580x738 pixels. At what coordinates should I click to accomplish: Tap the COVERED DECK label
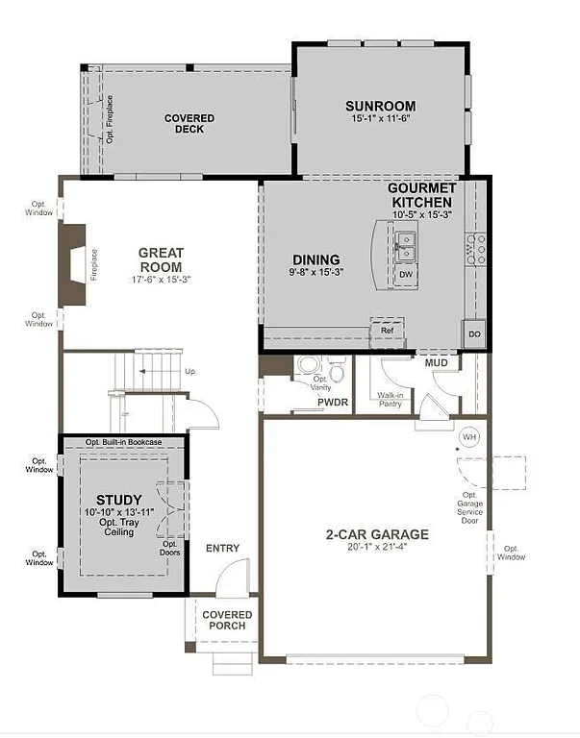click(189, 124)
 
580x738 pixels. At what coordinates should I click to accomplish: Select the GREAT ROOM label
click(161, 260)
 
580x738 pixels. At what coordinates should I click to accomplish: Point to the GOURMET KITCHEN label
click(420, 195)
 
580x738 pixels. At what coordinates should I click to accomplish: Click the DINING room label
click(316, 259)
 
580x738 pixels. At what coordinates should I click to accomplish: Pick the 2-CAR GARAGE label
click(376, 535)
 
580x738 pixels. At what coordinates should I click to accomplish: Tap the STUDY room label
click(119, 500)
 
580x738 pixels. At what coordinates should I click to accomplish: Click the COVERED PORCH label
click(227, 620)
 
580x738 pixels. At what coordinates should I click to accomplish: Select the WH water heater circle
click(469, 436)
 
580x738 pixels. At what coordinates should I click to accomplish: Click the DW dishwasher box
click(405, 275)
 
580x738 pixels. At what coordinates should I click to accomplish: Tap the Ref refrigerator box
click(387, 331)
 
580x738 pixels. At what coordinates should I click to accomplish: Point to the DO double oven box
click(474, 333)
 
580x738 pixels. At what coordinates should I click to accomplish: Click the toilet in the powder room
click(337, 369)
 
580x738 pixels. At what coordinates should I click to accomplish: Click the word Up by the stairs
click(189, 371)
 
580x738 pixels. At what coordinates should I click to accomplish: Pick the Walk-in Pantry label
click(390, 400)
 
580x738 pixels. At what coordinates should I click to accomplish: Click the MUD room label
click(436, 362)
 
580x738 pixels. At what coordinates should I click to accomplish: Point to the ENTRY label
click(222, 548)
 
